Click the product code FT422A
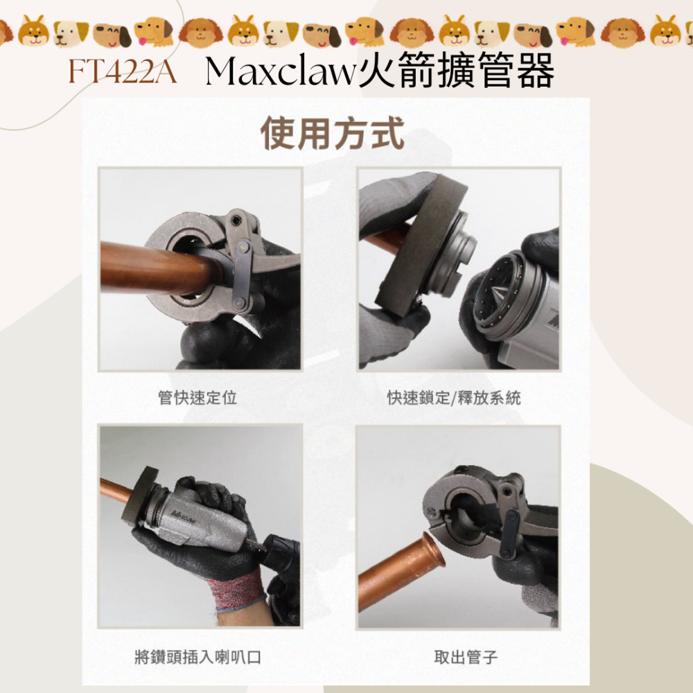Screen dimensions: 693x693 tap(121, 72)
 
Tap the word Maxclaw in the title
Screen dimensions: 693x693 tap(281, 72)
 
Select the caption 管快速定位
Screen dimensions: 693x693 tap(198, 398)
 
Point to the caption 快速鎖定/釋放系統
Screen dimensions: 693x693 tap(454, 398)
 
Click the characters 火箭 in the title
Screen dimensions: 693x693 tap(396, 72)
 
